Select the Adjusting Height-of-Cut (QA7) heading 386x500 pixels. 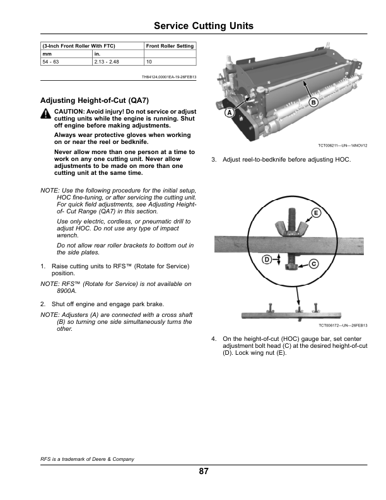[x=94, y=100]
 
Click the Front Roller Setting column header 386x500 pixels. [x=170, y=46]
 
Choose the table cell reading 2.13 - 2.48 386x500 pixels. [x=106, y=62]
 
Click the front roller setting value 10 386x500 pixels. [x=149, y=62]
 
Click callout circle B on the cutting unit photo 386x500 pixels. [x=313, y=102]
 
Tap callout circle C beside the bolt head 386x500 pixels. [x=313, y=264]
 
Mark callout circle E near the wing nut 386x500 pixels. [x=316, y=213]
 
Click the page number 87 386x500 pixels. [x=203, y=472]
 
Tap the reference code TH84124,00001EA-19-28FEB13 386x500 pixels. [x=170, y=78]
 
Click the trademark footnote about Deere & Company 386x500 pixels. [x=88, y=458]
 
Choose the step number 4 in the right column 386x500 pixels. [x=214, y=339]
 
